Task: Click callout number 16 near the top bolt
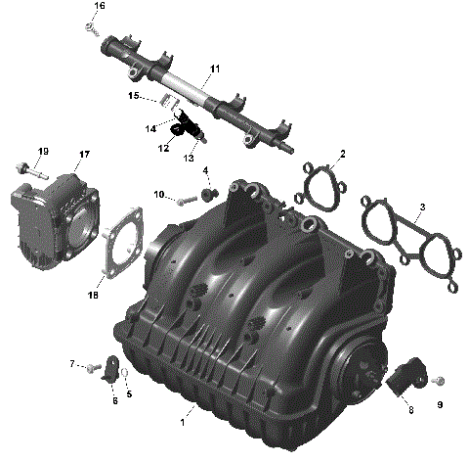tap(99, 7)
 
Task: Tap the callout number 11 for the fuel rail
tap(215, 69)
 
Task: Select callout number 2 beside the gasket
tap(342, 154)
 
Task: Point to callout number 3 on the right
tap(421, 208)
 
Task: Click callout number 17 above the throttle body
tap(85, 154)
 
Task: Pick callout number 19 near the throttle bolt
tap(43, 151)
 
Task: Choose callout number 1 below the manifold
tap(182, 423)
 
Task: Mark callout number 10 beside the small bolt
tap(158, 195)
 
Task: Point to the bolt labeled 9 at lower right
tap(436, 379)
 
